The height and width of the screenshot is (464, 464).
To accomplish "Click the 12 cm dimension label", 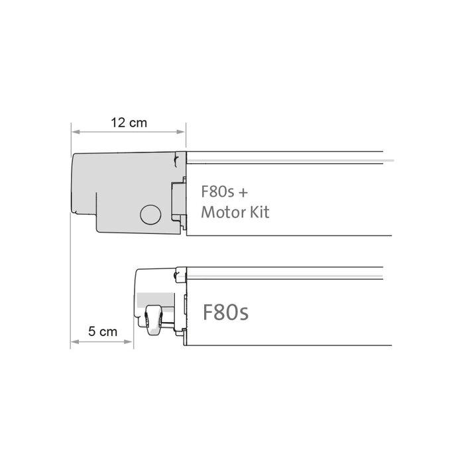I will click(129, 123).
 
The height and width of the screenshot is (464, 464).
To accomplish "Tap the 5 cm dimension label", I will click(103, 332).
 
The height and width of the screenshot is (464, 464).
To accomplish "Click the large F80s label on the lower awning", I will click(225, 312).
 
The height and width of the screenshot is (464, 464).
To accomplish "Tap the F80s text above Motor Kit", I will click(218, 192).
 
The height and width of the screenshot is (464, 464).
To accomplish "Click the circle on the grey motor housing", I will click(150, 214).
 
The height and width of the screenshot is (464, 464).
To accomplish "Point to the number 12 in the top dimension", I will click(118, 123).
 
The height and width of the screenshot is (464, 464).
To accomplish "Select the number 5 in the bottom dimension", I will click(92, 332).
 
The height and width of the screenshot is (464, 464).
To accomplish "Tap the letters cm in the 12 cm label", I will click(138, 123).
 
